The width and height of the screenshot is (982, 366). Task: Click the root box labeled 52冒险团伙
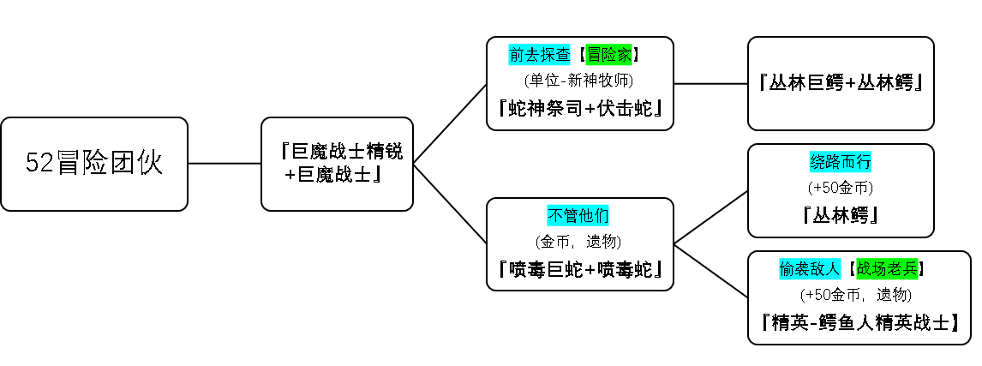[x=94, y=164]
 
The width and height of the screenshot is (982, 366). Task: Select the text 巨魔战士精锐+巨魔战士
[x=338, y=164]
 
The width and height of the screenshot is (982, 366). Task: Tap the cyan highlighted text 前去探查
[x=539, y=55]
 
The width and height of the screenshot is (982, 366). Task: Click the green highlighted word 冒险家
[x=608, y=55]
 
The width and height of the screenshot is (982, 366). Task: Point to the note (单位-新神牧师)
[x=579, y=81]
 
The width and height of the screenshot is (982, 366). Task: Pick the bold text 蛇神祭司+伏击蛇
[x=580, y=108]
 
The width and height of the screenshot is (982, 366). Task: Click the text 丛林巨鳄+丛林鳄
[x=841, y=83]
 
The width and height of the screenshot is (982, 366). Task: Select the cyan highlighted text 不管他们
[x=578, y=216]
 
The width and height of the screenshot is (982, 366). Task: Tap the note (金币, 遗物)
[x=578, y=241]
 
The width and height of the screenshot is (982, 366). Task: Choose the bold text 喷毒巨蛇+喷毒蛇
[x=580, y=269]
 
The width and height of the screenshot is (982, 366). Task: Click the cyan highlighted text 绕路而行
[x=841, y=162]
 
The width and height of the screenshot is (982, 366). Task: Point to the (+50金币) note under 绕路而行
[x=841, y=188]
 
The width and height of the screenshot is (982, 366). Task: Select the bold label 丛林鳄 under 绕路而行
[x=841, y=216]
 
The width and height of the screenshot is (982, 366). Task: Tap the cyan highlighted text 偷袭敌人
[x=809, y=269]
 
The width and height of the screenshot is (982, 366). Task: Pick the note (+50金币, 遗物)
[x=855, y=295]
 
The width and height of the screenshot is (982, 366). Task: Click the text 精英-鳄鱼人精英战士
[x=859, y=323]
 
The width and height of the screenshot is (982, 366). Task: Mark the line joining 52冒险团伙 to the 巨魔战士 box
[x=225, y=164]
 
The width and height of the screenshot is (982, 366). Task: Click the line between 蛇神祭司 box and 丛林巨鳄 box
[x=711, y=83]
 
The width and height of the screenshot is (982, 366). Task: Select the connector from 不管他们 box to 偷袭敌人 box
[x=711, y=270]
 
